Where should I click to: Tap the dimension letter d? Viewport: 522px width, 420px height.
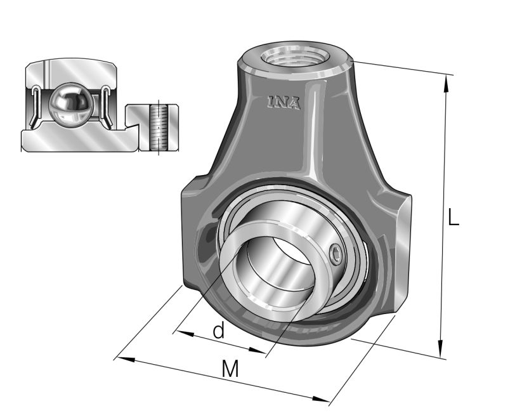pyautogui.click(x=218, y=331)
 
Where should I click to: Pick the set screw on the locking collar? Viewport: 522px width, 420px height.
pyautogui.click(x=337, y=255)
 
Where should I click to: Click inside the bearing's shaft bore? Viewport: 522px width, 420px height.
pyautogui.click(x=273, y=266)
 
